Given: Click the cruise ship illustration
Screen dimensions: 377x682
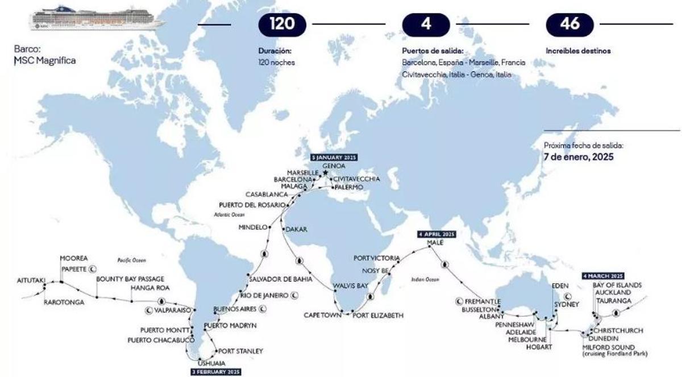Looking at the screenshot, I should click(97, 18).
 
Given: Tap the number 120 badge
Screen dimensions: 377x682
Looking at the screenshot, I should click(282, 24).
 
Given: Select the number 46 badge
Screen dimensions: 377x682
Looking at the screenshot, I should click(569, 24).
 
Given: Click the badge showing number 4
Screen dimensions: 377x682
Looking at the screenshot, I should click(426, 24).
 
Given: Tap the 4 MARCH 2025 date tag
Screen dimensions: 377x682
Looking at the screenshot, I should click(603, 276).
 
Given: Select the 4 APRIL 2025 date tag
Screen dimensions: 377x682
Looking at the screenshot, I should click(436, 234).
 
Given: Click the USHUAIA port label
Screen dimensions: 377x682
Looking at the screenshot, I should click(211, 363).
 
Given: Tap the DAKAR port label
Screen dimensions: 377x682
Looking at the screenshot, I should click(296, 230).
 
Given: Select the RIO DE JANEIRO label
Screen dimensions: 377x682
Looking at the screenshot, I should click(264, 295).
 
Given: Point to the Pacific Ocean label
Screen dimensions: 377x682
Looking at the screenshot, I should click(132, 260).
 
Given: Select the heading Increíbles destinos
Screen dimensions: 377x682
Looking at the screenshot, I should click(578, 51).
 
